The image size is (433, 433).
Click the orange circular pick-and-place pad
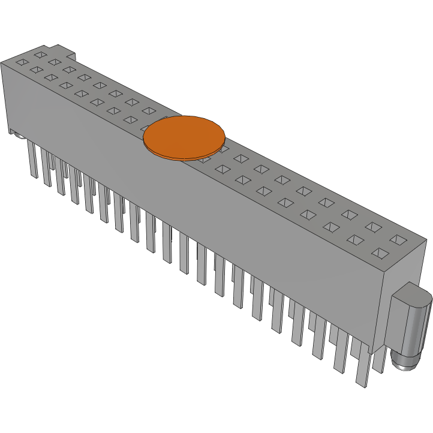coord(184,137)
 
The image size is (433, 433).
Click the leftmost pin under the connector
coord(32,161)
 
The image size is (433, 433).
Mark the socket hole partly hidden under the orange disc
coord(205,159)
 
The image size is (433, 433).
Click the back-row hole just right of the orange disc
coord(240,158)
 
